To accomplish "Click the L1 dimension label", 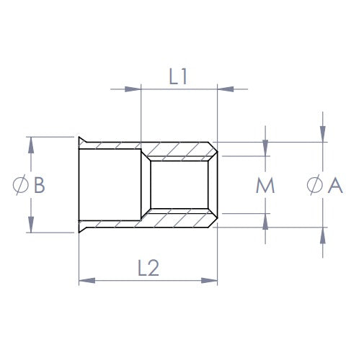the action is pos(178,76).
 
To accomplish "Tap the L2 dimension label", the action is pos(148,268).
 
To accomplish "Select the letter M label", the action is pos(265,185).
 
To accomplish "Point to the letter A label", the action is pos(335,185).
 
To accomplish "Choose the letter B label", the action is pos(40,185).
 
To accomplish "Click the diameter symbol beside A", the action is pos(314,185).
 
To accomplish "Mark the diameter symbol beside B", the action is pos(21,185).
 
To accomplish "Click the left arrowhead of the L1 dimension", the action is pos(133,89).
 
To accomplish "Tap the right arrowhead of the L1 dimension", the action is pos(226,89).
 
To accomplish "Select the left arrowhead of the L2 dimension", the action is pos(87,280).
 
